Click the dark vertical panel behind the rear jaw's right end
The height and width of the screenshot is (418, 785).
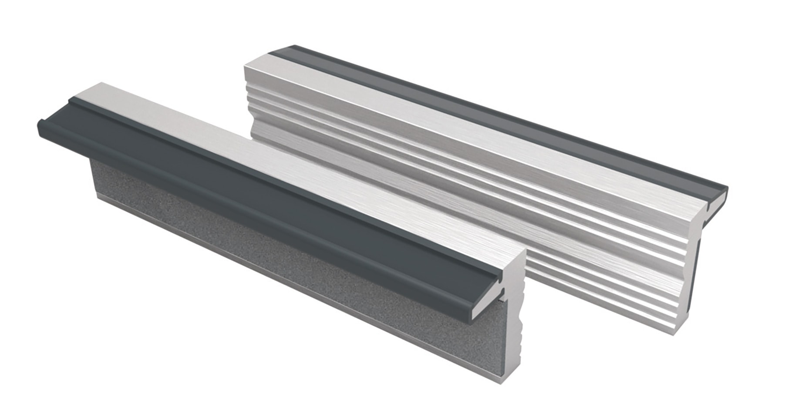[x=697, y=270]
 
